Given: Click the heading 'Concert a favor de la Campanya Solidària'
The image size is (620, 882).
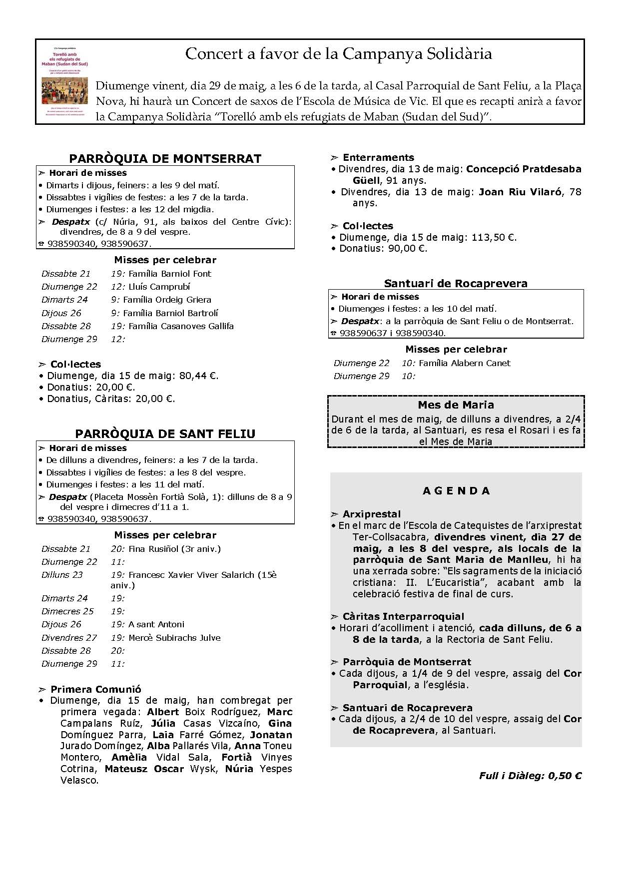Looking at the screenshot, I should (338, 54).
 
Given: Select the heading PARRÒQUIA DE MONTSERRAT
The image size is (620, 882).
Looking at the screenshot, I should (165, 159).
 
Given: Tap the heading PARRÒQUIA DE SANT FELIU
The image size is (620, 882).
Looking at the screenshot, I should (165, 434).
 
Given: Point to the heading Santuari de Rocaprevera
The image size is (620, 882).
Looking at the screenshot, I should (456, 284).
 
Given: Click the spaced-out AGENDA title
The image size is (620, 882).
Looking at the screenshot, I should (456, 491).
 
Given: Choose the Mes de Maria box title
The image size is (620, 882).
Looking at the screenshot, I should (456, 405).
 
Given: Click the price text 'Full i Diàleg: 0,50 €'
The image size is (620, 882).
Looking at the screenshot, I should (530, 776).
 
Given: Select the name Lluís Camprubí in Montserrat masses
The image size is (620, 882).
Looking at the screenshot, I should (159, 287).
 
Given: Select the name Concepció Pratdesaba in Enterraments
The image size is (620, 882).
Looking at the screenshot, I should (524, 169).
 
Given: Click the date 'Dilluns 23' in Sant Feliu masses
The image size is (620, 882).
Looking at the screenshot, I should (62, 575).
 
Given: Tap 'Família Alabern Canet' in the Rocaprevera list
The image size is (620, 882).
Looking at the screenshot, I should (464, 363).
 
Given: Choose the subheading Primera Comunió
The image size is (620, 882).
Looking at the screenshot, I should (96, 689).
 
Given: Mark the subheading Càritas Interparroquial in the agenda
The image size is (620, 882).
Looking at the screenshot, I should (403, 616).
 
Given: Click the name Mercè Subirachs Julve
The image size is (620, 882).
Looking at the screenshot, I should (174, 638).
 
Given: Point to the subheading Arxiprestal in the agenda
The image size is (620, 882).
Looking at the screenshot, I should (372, 514).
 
